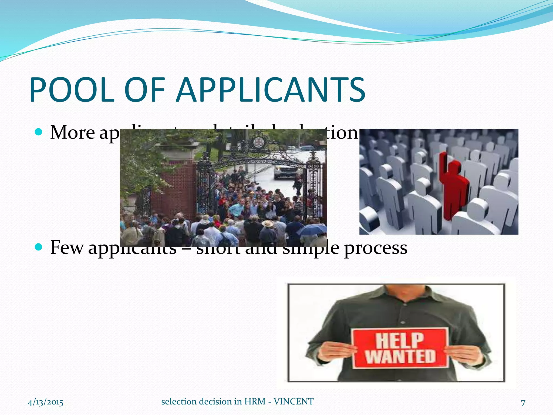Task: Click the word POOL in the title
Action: (x=72, y=90)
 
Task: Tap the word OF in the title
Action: (x=145, y=90)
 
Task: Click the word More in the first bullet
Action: (x=72, y=133)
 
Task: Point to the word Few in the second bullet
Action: (x=67, y=247)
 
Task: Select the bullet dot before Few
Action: (x=39, y=247)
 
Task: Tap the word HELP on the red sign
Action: (x=399, y=341)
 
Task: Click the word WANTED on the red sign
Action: (x=400, y=356)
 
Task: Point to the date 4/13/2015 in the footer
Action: (x=46, y=402)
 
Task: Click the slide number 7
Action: (x=523, y=403)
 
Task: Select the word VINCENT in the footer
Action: (x=294, y=401)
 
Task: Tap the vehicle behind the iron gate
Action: (x=285, y=170)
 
